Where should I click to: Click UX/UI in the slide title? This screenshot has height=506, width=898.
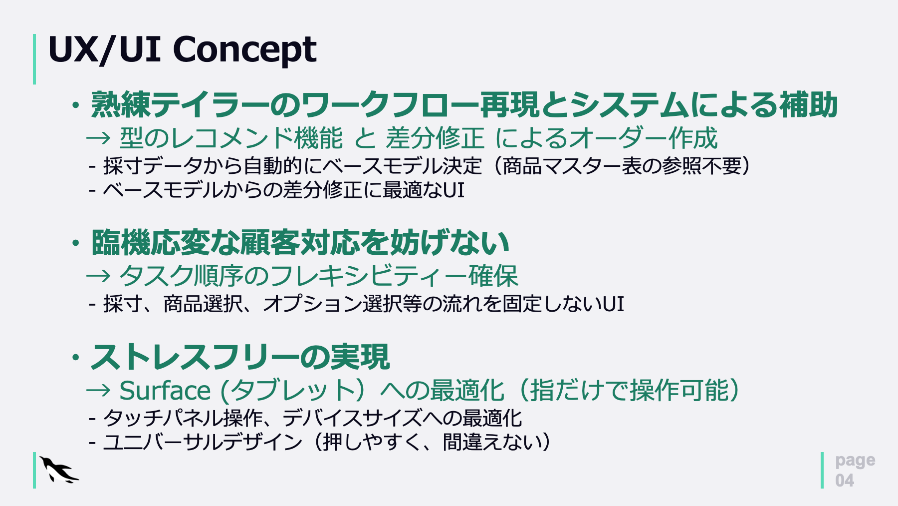[104, 49]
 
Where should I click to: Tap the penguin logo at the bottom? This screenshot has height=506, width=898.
[59, 470]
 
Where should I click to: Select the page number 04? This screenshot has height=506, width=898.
[845, 481]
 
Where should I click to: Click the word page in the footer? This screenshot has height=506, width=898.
[855, 461]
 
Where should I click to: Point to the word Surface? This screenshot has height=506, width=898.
[165, 390]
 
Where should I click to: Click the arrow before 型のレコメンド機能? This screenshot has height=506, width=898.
[98, 138]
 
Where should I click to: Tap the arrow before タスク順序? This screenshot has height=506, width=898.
[98, 276]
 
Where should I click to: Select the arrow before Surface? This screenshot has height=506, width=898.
[98, 390]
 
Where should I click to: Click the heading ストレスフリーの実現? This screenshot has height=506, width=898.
[240, 357]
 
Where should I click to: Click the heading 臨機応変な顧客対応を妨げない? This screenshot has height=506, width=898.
[300, 243]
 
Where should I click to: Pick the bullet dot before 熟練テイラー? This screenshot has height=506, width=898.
[75, 105]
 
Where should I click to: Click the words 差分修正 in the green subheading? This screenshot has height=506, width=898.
[435, 138]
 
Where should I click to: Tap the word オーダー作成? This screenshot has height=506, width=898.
[643, 138]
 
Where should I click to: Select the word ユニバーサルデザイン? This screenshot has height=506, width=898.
[203, 442]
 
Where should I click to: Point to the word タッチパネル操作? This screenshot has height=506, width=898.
[183, 418]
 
